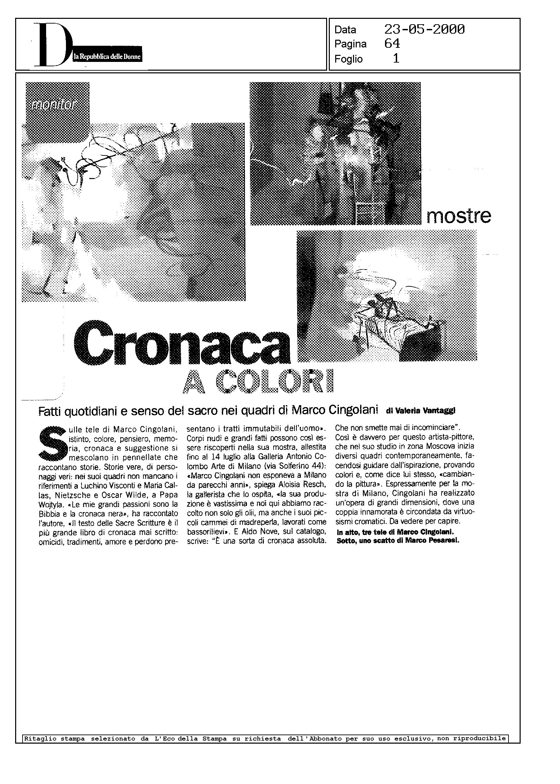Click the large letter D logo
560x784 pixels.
click(x=52, y=45)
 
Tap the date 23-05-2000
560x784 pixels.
click(x=424, y=30)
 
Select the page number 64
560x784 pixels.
click(x=392, y=44)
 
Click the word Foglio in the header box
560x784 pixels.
click(x=348, y=59)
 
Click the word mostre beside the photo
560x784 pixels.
click(x=458, y=216)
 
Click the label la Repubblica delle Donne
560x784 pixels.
click(x=108, y=57)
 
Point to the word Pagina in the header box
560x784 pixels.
click(x=350, y=44)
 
